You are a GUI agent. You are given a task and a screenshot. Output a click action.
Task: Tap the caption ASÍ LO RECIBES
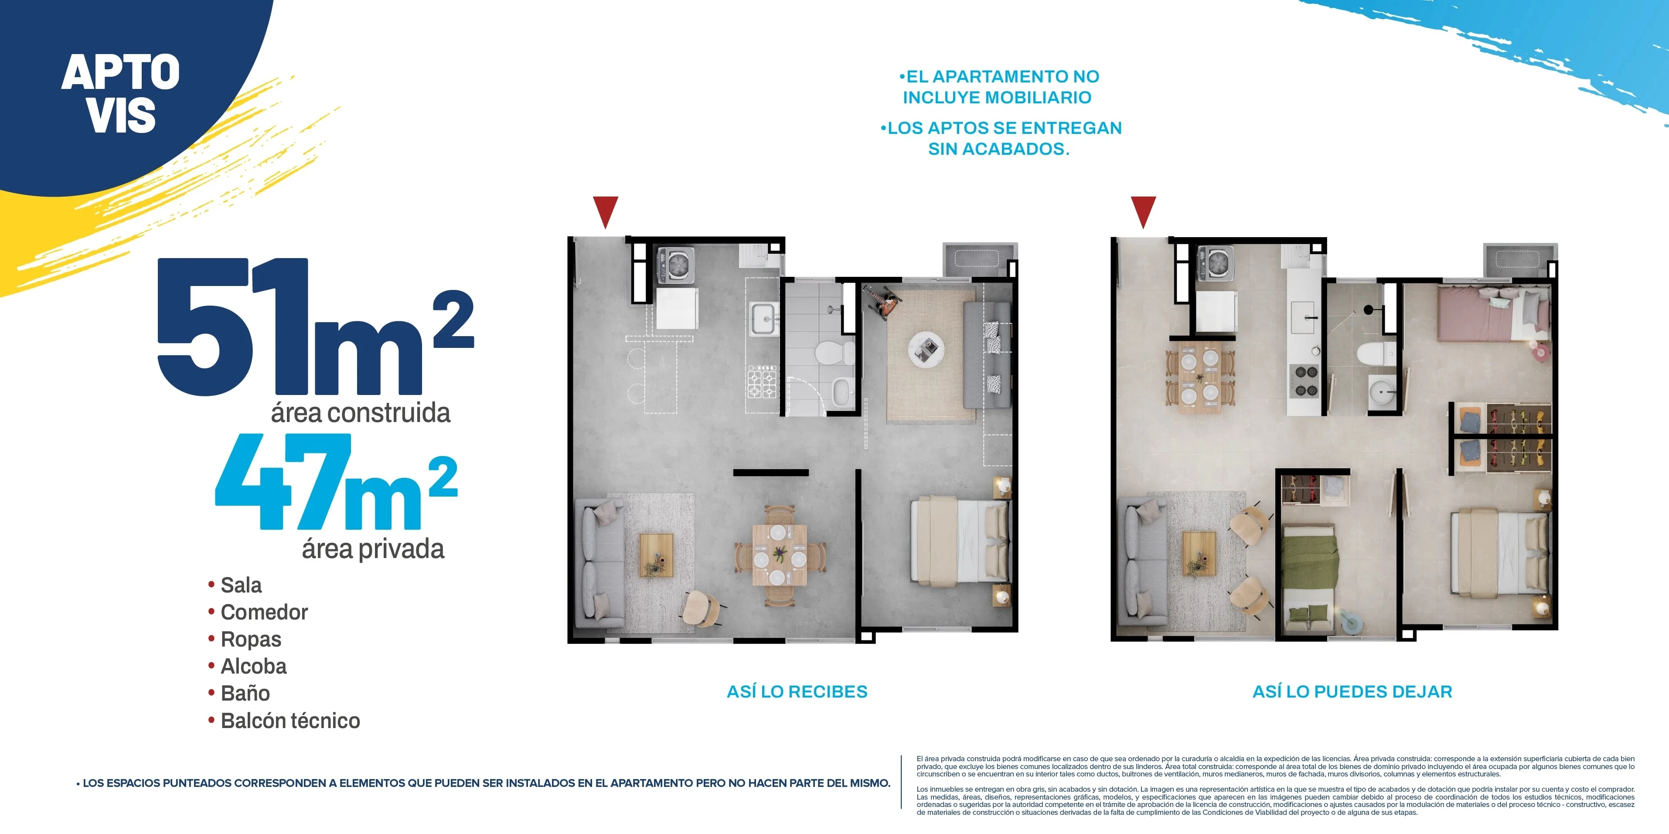click(797, 691)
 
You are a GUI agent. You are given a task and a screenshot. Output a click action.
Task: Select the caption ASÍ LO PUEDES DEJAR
click(1352, 691)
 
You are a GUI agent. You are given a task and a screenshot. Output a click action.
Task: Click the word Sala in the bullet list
click(241, 585)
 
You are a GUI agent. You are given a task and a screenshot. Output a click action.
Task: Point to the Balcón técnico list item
click(290, 721)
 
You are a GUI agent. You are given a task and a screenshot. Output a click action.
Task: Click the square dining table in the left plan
click(780, 555)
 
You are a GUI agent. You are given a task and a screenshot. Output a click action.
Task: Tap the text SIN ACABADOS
click(998, 149)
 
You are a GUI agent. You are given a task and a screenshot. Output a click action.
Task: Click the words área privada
click(373, 549)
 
